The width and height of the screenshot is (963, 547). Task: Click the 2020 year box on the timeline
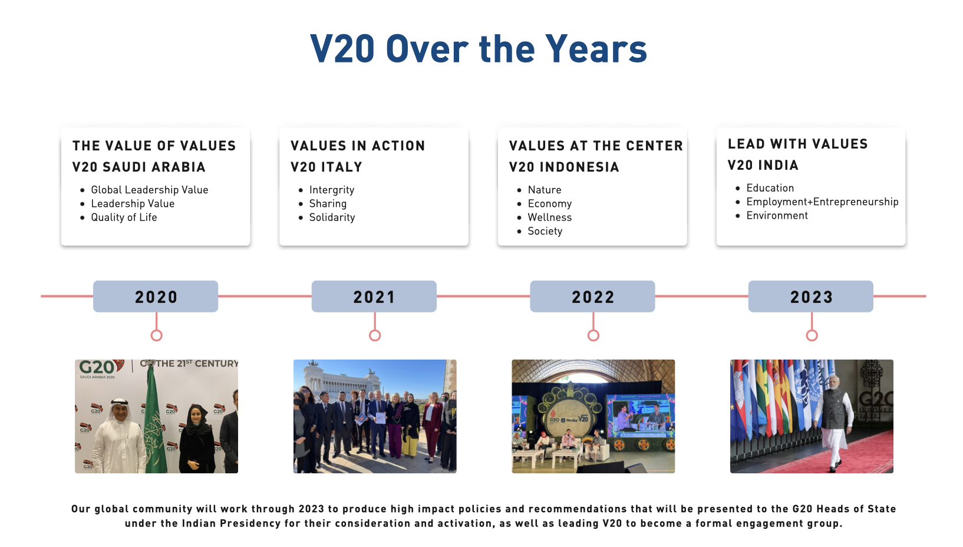click(x=156, y=296)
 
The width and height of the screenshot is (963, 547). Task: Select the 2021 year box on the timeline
click(x=374, y=296)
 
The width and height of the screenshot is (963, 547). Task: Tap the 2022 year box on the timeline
click(x=592, y=296)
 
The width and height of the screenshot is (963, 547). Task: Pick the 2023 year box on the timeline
click(x=811, y=296)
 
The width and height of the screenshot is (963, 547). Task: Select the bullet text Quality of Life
click(x=124, y=217)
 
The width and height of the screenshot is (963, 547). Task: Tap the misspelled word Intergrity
click(x=331, y=190)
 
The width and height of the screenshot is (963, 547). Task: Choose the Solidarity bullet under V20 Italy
click(x=332, y=217)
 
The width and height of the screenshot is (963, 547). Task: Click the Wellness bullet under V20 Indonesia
click(x=550, y=217)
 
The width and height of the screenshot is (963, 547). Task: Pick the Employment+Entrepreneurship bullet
click(x=822, y=202)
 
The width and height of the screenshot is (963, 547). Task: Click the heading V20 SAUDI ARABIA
click(x=139, y=167)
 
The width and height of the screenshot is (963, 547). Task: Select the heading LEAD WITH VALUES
click(x=798, y=144)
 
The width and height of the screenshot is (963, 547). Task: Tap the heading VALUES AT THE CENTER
click(x=596, y=146)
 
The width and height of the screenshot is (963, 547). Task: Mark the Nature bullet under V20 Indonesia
click(x=545, y=190)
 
